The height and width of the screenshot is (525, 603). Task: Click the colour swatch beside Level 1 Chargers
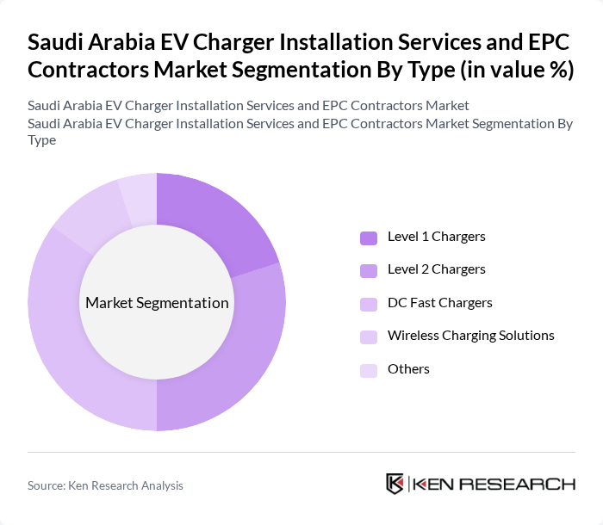coord(369,237)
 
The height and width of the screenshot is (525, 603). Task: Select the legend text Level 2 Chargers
coord(437,269)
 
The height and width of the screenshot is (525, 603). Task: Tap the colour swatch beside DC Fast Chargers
coord(369,303)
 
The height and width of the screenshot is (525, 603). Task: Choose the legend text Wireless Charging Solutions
coord(471,335)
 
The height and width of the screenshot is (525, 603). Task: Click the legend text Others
coord(408,368)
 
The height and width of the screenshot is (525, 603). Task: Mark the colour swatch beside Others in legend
coord(369,369)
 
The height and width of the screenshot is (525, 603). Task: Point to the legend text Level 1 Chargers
coord(437,236)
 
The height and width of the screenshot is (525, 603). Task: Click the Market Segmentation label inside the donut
coord(157,302)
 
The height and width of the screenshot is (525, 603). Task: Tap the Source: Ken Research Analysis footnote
coord(105,485)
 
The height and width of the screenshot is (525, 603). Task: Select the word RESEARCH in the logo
coord(526,484)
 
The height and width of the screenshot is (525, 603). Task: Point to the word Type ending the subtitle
coord(42,140)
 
